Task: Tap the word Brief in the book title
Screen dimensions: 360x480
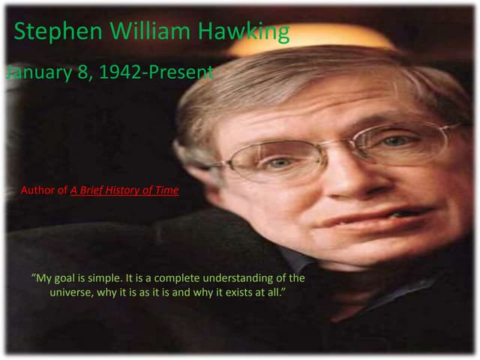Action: (x=94, y=190)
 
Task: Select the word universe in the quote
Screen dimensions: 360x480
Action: (x=71, y=292)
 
